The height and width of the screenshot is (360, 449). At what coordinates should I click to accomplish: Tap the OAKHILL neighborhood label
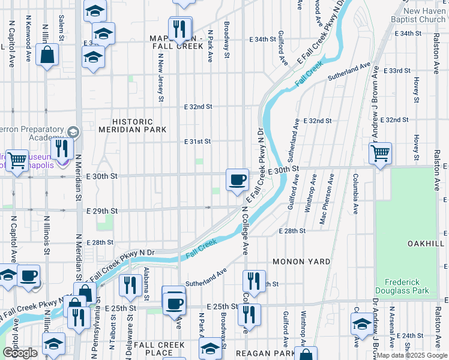[426, 244]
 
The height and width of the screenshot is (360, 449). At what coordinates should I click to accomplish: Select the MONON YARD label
[301, 262]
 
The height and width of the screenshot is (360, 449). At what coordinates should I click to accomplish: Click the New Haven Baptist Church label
[424, 16]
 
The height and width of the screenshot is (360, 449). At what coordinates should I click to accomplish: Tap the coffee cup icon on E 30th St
[237, 179]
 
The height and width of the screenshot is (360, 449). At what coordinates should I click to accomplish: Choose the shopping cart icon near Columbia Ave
[380, 154]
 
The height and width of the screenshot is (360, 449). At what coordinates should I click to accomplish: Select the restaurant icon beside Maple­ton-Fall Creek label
[180, 28]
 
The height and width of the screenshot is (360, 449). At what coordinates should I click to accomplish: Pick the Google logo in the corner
[20, 353]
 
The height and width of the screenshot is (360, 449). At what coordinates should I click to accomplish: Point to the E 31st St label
[197, 142]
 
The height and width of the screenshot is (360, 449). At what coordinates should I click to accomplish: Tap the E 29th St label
[101, 212]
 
